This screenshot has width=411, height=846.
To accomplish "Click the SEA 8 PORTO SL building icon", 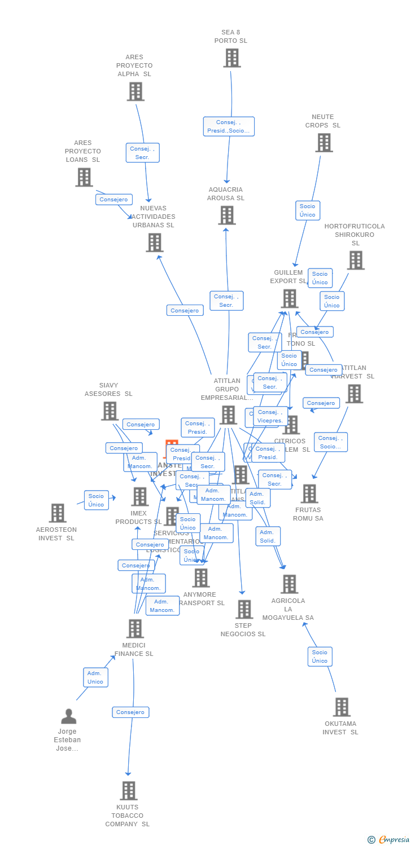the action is click(x=231, y=58).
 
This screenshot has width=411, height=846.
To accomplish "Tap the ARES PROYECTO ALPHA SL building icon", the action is click(x=135, y=91).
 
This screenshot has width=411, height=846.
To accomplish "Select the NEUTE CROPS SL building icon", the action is click(x=323, y=143).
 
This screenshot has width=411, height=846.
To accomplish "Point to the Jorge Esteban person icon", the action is click(x=68, y=716).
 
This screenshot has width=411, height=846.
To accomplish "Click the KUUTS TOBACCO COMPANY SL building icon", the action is click(x=129, y=791).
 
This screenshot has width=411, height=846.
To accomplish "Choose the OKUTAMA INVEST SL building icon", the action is click(x=342, y=707).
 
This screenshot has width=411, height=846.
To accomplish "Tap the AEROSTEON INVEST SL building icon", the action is click(x=57, y=513).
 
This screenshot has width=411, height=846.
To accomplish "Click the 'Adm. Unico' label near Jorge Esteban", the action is click(x=95, y=677).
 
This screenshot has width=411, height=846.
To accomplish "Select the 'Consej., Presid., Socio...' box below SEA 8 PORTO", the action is click(x=229, y=126).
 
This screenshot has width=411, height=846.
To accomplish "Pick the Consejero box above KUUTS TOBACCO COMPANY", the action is click(x=130, y=712).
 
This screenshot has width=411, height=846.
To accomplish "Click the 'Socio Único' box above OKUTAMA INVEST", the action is click(x=320, y=656).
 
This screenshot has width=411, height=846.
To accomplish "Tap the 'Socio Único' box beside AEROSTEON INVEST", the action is click(x=96, y=500).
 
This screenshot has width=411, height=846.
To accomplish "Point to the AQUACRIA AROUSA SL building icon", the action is click(x=226, y=215).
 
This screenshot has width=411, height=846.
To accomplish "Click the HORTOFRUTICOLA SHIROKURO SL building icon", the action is click(x=355, y=260).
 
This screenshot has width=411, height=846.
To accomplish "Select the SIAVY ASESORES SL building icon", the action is click(x=110, y=411).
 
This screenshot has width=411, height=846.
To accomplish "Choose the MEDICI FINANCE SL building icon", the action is click(x=135, y=628).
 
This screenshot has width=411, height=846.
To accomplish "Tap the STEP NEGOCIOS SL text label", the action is click(x=243, y=629).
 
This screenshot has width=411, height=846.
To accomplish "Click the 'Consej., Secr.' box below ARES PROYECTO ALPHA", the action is click(x=142, y=153).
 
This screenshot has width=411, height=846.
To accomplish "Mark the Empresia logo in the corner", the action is click(x=389, y=840).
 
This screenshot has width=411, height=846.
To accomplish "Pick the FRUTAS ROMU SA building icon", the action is click(x=309, y=493).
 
